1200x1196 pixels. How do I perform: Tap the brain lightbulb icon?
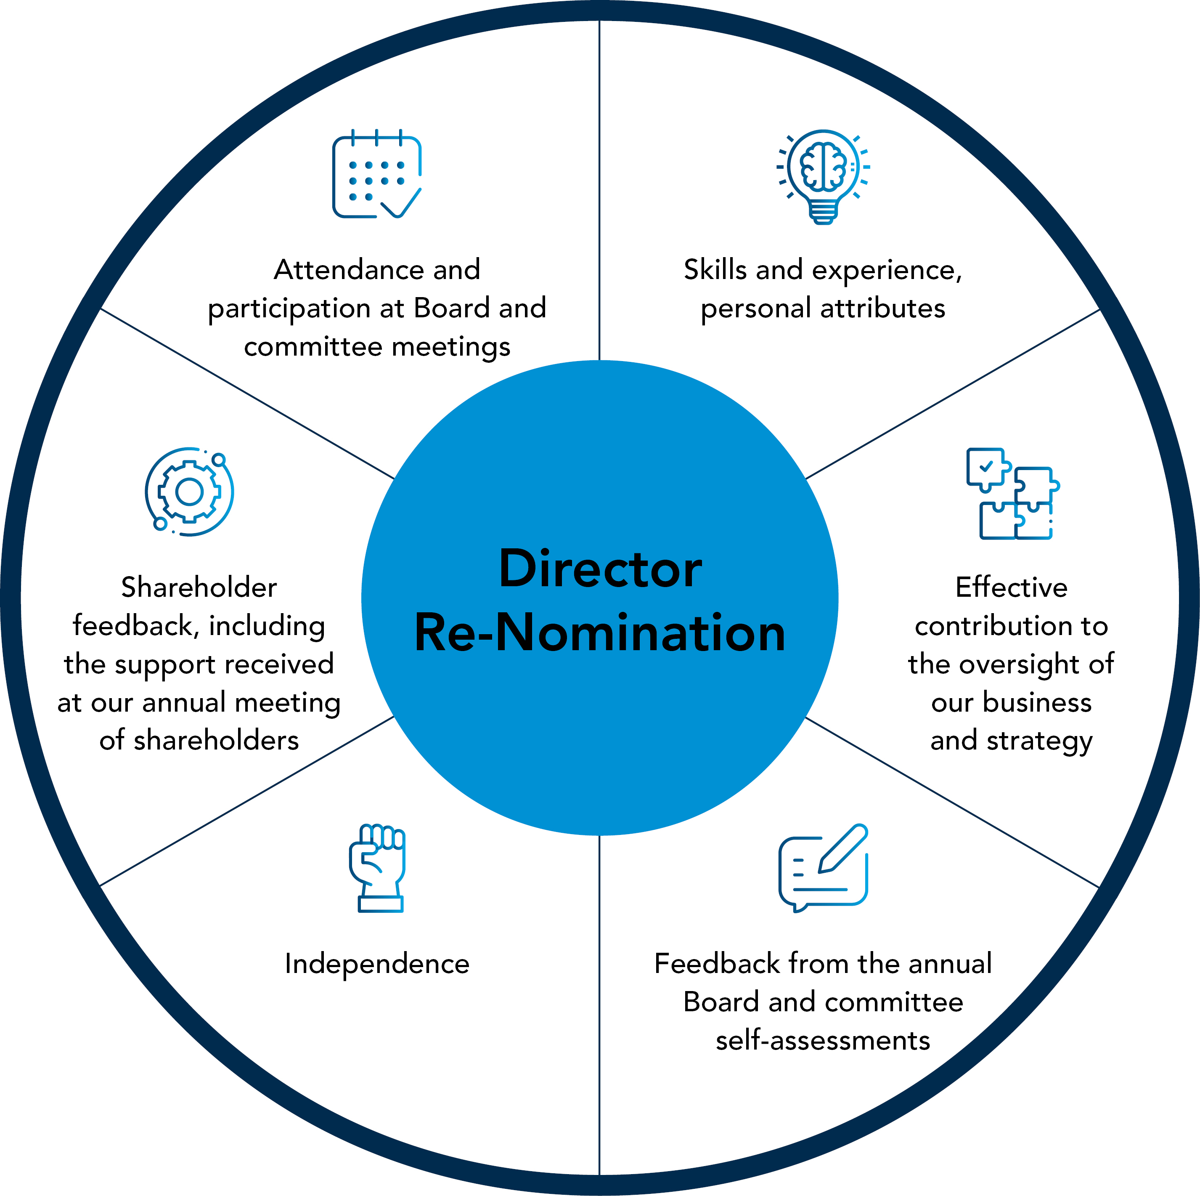(x=823, y=176)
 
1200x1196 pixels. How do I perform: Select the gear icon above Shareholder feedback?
(x=189, y=492)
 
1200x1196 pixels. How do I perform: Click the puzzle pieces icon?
(x=1012, y=493)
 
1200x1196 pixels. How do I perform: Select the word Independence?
(x=377, y=964)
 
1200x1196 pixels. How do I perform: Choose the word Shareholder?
(x=199, y=587)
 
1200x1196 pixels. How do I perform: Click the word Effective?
(x=1011, y=587)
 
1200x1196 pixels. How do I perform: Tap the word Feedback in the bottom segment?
(x=717, y=964)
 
